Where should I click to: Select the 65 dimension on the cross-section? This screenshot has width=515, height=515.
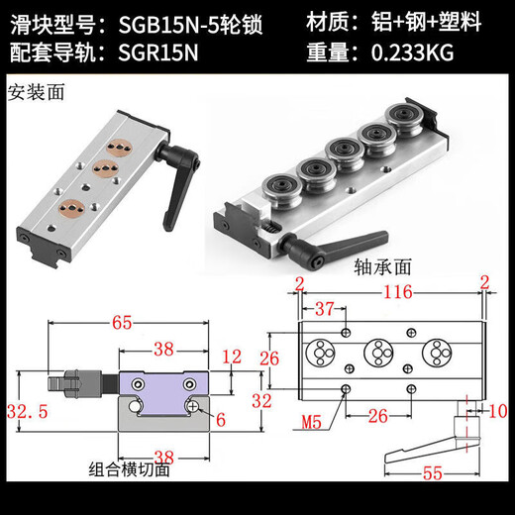point(124,323)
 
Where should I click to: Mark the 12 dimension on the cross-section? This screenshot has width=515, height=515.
point(232,356)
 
